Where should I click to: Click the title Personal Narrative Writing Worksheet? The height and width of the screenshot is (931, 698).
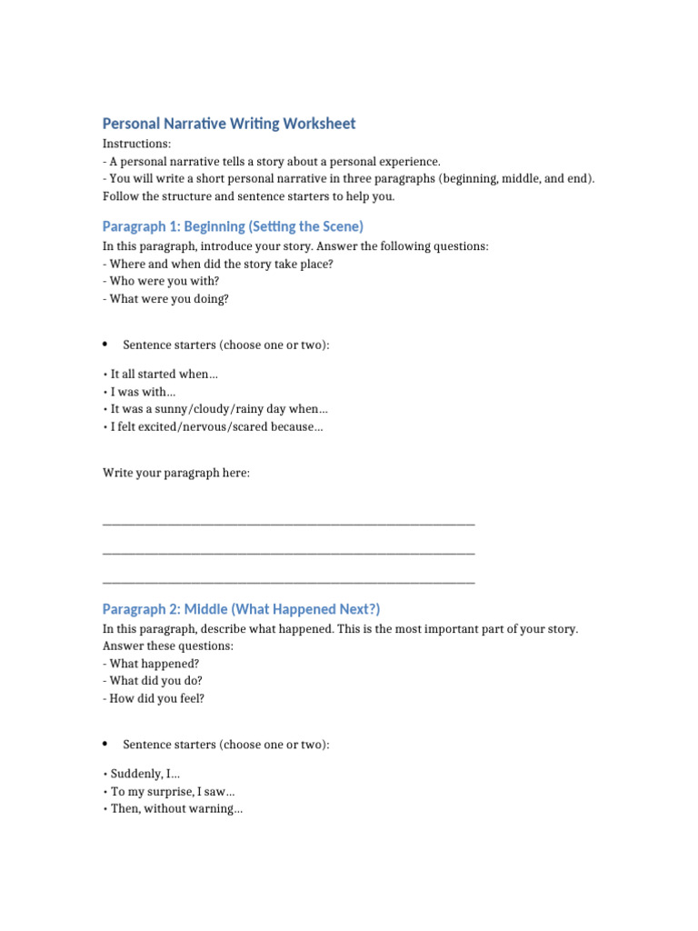point(229,124)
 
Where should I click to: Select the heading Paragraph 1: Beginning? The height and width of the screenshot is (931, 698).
point(233,226)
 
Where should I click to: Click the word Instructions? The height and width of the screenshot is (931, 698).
point(136,144)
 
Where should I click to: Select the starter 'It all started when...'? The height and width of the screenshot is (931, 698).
point(165,374)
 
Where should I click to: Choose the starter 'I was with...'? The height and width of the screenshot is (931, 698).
point(143,392)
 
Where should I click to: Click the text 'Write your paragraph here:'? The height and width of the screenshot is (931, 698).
point(176,474)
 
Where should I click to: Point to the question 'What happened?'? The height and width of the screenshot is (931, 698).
point(151,664)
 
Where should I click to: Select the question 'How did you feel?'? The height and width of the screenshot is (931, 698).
point(154,699)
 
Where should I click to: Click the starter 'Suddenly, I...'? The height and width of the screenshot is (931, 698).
point(145,774)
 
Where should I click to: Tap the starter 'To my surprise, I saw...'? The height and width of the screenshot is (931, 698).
point(173,792)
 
